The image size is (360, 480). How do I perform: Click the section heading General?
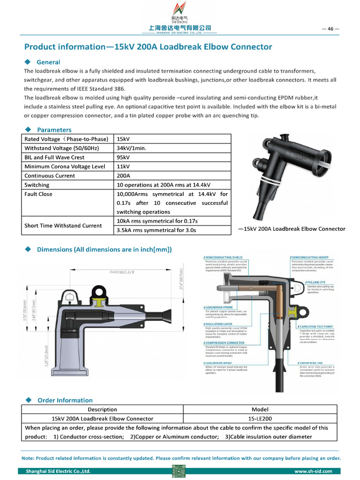(48, 62)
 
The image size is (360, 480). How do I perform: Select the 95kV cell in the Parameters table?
(123, 157)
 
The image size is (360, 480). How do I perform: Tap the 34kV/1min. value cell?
(132, 148)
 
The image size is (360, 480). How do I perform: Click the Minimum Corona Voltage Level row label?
(65, 166)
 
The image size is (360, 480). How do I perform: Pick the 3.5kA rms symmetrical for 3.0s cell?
(156, 230)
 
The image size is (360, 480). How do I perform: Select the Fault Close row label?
(38, 194)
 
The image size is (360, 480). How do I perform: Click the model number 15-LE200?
(260, 419)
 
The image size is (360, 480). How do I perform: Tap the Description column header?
(102, 409)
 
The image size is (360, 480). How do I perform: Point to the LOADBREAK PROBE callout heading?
(218, 307)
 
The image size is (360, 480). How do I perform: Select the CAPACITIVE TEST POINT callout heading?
(316, 326)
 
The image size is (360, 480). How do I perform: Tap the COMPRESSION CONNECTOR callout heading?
(225, 343)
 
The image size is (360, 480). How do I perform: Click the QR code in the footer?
(180, 471)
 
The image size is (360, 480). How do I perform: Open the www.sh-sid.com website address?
(313, 471)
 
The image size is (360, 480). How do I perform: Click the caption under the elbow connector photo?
(292, 229)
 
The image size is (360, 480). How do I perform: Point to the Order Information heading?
(65, 400)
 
